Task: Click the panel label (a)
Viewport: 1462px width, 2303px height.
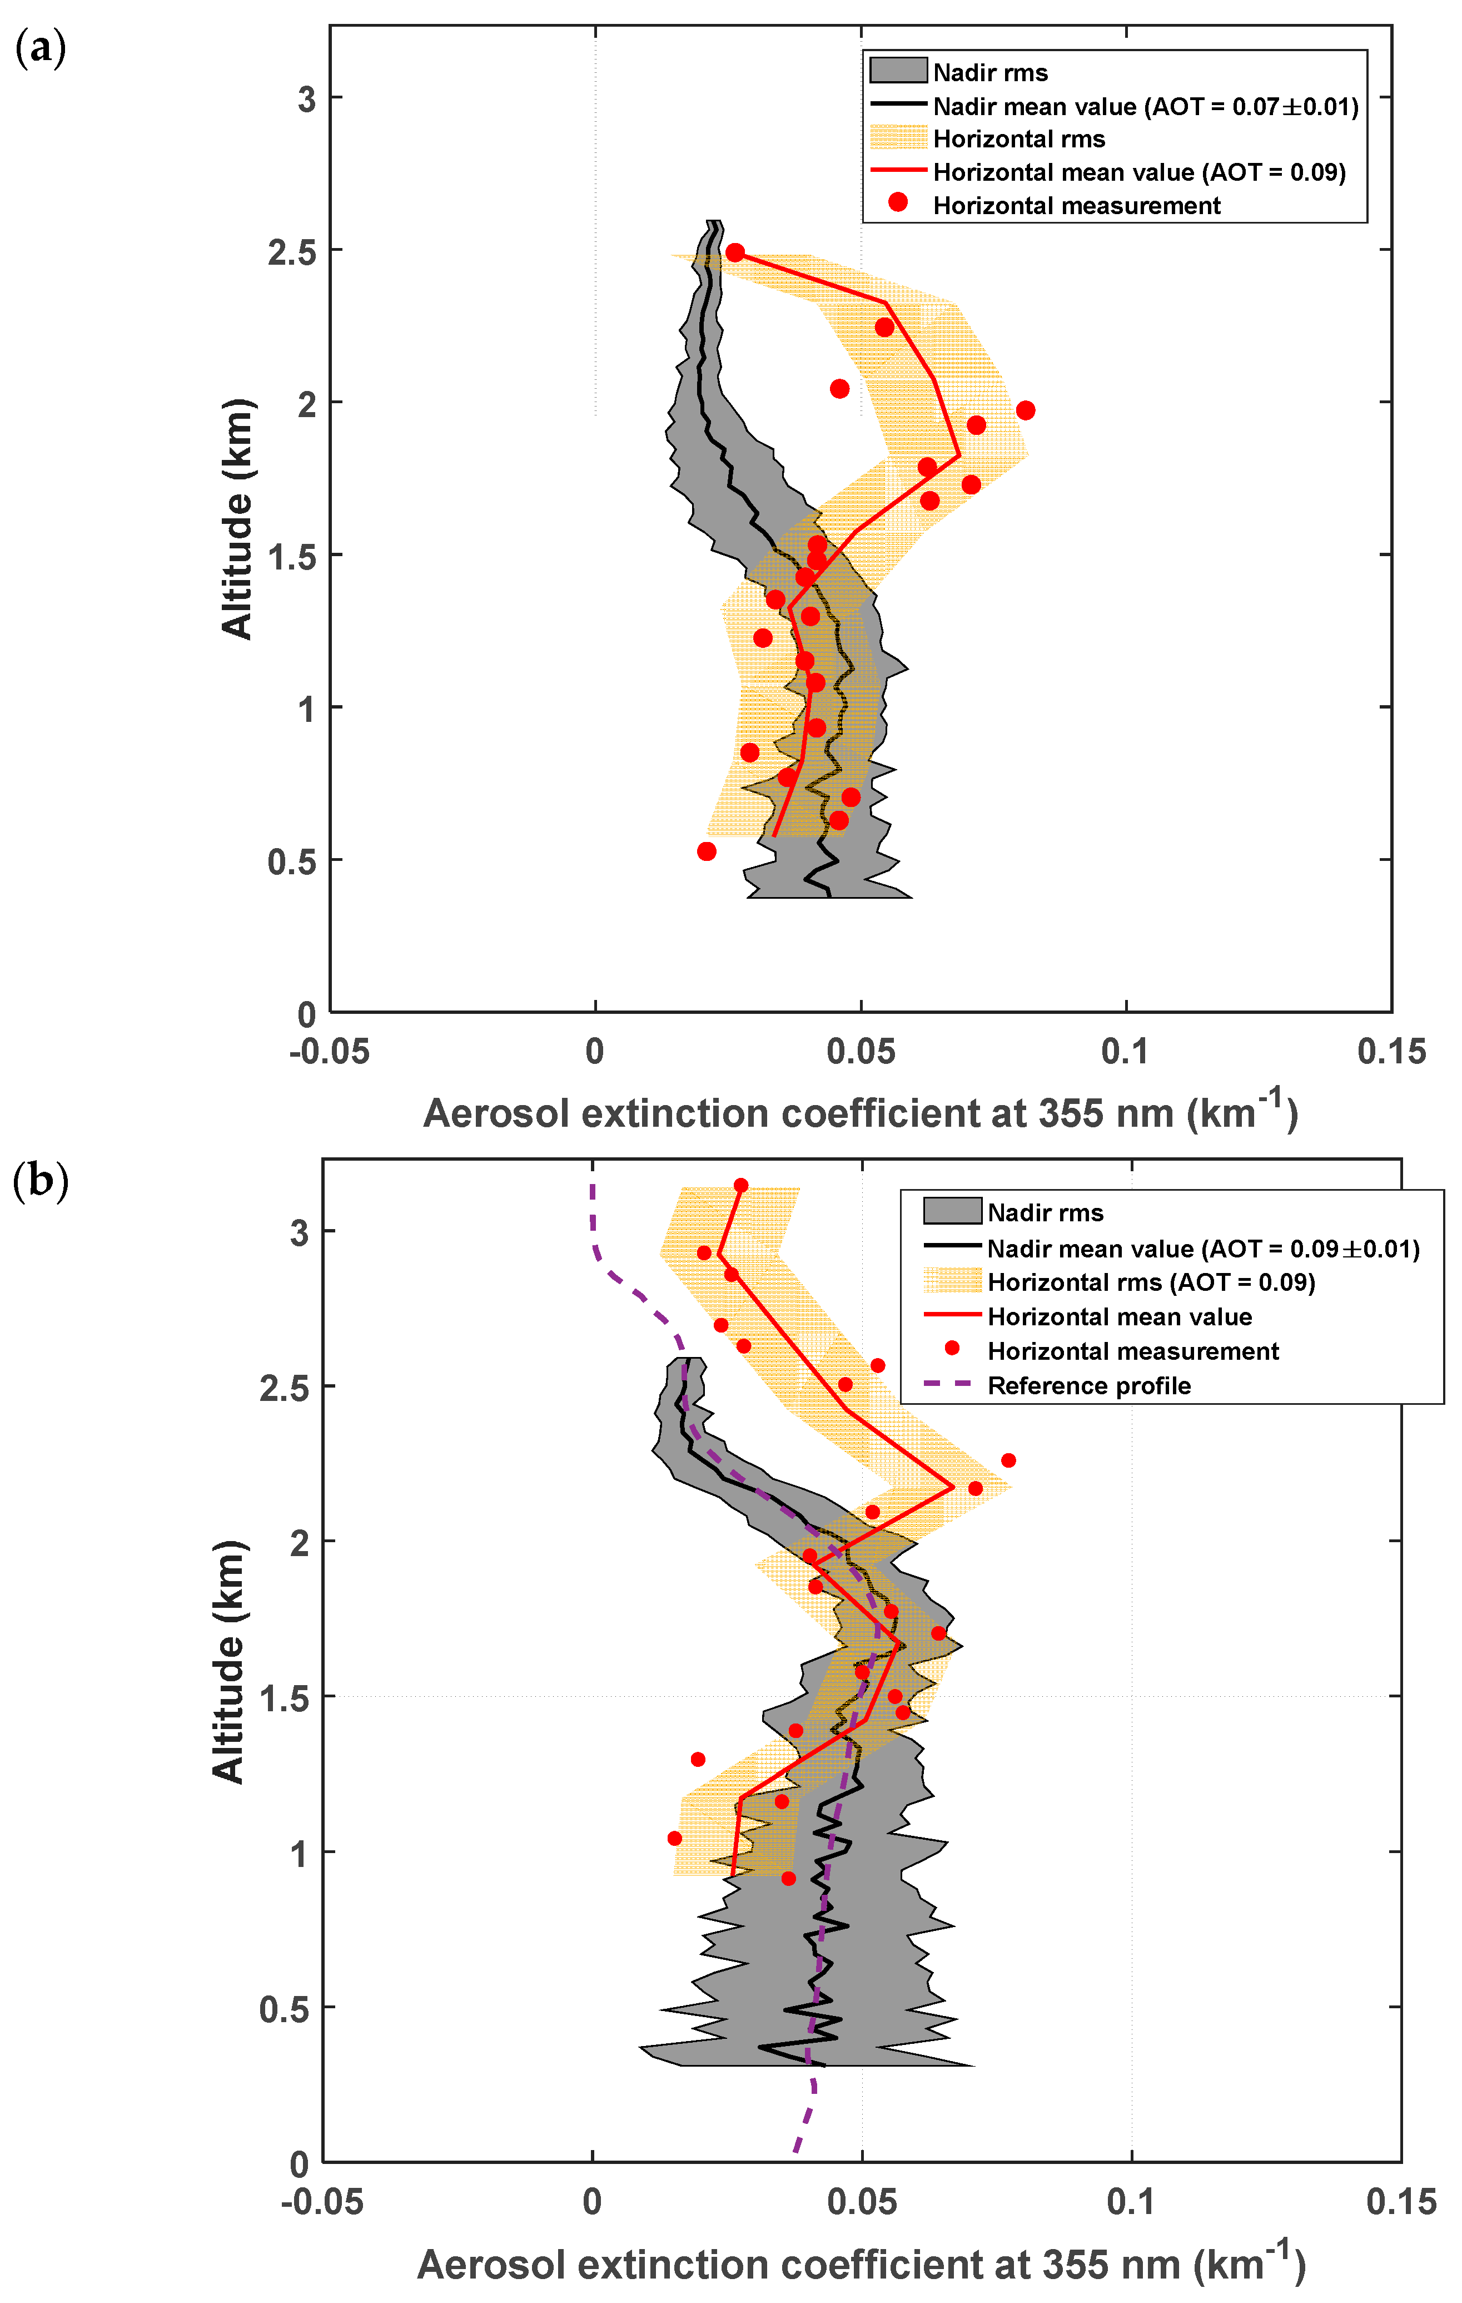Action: pyautogui.click(x=40, y=48)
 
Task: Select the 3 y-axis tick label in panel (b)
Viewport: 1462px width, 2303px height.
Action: pyautogui.click(x=300, y=1233)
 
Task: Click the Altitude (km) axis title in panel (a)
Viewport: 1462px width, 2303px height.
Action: pyautogui.click(x=237, y=518)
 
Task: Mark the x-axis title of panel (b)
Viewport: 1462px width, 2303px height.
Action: pyautogui.click(x=861, y=2265)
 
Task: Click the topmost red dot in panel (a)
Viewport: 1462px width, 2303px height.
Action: pyautogui.click(x=734, y=252)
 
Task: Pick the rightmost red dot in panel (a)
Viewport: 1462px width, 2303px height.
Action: pyautogui.click(x=1025, y=410)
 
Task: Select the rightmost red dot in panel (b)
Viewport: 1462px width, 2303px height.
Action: pyautogui.click(x=1008, y=1460)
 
